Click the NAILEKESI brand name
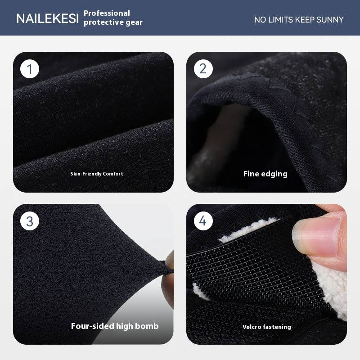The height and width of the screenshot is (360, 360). tap(48, 18)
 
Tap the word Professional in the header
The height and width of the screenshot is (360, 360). tap(107, 13)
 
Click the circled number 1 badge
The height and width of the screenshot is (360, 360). tap(30, 69)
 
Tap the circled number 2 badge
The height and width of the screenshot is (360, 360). tap(203, 69)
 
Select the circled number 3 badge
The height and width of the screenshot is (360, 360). tap(30, 221)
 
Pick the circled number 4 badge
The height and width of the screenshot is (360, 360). tap(203, 221)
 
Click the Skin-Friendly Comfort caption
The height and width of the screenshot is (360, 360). tap(97, 174)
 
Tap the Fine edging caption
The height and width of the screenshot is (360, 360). tap(265, 174)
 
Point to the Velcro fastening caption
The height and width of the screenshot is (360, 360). tap(266, 327)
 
